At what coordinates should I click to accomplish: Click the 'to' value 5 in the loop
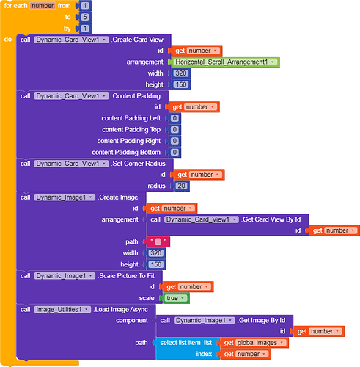(x=87, y=16)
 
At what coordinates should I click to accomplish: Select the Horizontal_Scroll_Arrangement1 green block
(x=227, y=62)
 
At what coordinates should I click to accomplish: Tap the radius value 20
(x=181, y=186)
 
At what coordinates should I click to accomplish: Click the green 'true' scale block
(x=176, y=297)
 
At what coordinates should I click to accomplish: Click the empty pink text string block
(x=158, y=241)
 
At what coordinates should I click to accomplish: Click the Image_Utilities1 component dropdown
(x=63, y=309)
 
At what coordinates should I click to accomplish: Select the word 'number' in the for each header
(x=47, y=5)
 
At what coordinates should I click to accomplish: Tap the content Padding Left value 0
(x=175, y=118)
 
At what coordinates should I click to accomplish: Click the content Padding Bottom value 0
(x=175, y=152)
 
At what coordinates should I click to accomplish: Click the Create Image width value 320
(x=155, y=253)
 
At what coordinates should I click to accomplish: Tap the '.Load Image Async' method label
(x=120, y=309)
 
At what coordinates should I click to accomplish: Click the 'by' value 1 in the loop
(x=87, y=27)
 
